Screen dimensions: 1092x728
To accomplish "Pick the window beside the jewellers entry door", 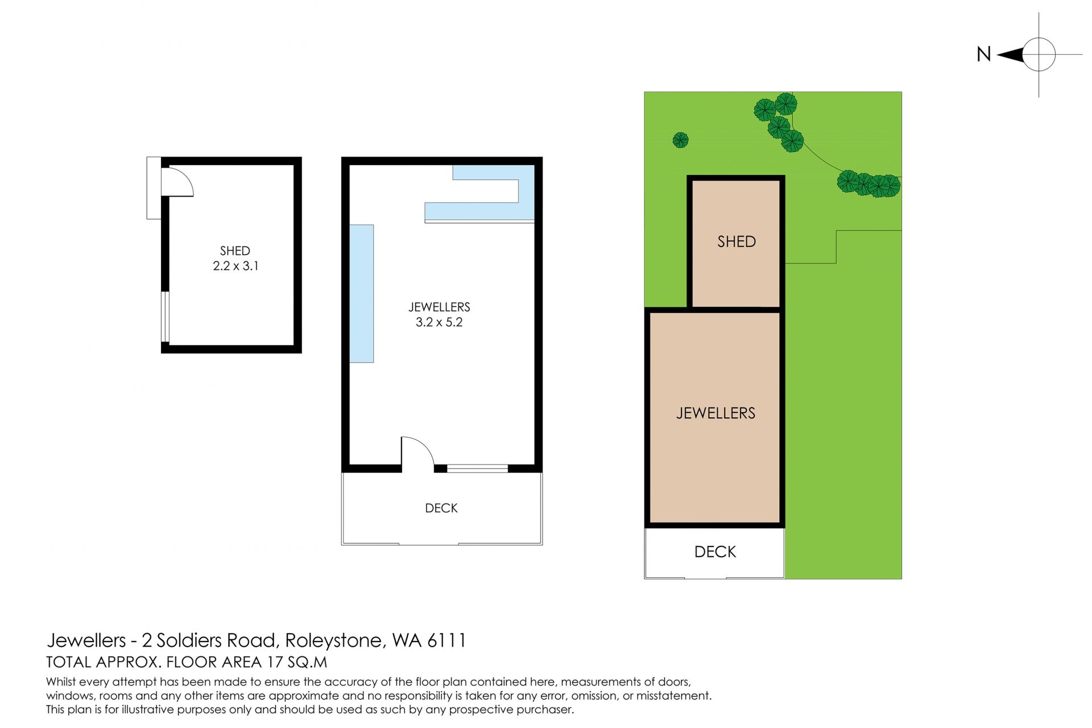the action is [477, 468].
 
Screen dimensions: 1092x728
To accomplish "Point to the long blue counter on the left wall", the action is [361, 294].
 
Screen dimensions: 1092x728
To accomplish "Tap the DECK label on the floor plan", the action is [441, 508].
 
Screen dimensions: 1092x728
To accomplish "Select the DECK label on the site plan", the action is [715, 552].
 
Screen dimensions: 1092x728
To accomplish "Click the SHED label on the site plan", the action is [737, 241].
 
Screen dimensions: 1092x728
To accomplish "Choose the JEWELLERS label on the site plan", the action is [715, 413].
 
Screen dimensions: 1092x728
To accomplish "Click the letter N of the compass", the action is [984, 54].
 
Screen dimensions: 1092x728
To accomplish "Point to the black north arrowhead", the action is [1011, 55].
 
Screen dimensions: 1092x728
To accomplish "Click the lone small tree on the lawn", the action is [681, 140].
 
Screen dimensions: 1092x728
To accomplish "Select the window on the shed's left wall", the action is [166, 316].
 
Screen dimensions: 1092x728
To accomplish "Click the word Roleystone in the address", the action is [334, 640].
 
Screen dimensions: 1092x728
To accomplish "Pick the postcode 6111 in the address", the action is [446, 640].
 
